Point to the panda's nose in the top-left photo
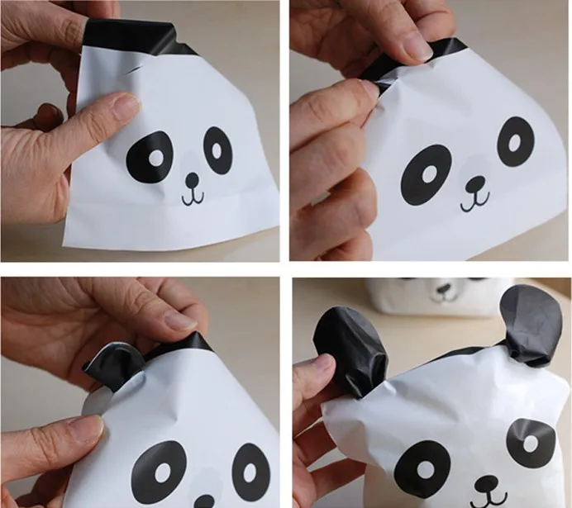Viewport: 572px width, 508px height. point(192,179)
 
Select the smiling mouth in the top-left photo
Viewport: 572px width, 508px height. point(192,197)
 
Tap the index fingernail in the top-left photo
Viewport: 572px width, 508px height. point(124,105)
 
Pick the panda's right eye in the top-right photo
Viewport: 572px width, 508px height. point(515,140)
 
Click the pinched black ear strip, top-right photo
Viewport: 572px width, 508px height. point(405,63)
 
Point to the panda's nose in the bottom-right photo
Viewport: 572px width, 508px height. point(487,483)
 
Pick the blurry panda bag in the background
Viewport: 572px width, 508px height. point(430,296)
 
